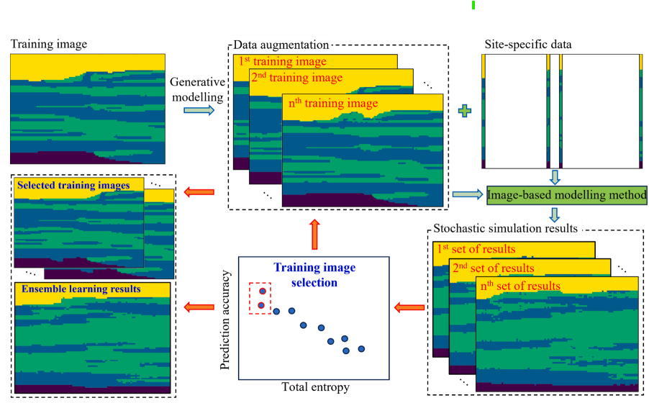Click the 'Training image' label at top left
coord(49,45)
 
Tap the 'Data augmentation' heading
coord(281,45)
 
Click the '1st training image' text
coord(283,62)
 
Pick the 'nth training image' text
coord(332,104)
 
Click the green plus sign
coord(467,111)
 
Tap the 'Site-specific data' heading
coord(529,45)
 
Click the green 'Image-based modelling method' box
coord(567,194)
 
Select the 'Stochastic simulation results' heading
coord(506,229)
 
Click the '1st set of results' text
coord(477,250)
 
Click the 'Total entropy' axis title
coord(315,387)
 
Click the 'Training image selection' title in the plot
coord(314,275)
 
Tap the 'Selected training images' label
coord(73,186)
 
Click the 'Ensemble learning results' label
coord(81,289)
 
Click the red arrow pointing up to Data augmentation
coord(314,233)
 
